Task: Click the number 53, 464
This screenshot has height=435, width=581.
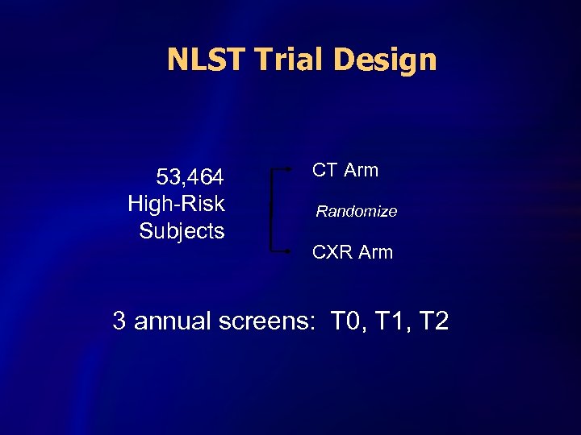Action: (x=190, y=176)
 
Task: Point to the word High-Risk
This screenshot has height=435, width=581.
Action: (x=176, y=204)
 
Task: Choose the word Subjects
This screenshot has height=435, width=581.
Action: (x=182, y=231)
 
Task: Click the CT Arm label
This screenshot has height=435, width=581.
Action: (x=345, y=170)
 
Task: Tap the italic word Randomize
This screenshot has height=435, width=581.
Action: (x=356, y=212)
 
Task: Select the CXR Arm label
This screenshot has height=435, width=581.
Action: (x=353, y=252)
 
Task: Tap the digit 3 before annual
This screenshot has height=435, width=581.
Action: (x=119, y=322)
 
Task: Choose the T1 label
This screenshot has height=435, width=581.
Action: (x=388, y=322)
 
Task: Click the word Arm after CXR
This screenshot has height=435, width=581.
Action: (x=375, y=252)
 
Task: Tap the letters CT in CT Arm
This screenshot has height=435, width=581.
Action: (x=324, y=170)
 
